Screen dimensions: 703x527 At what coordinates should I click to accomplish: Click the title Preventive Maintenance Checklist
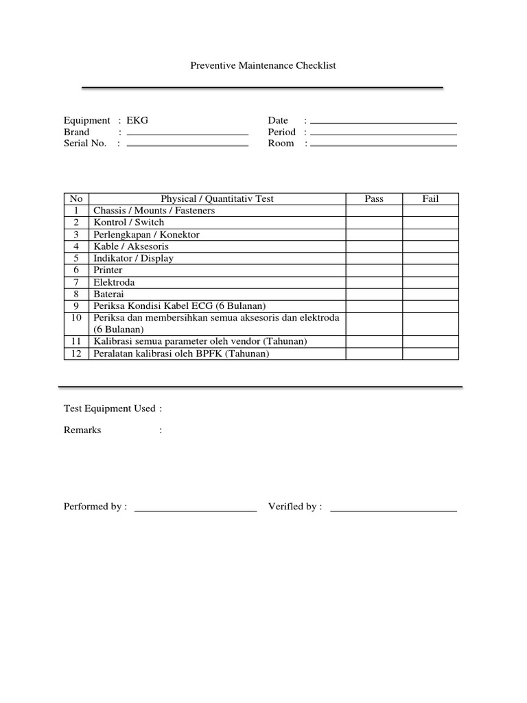263,66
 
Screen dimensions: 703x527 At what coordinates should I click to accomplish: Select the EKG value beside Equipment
137,120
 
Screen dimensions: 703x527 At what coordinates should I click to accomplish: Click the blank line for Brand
187,133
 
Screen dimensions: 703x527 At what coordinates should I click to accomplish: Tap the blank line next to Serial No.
187,145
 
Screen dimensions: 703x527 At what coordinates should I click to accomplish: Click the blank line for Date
383,122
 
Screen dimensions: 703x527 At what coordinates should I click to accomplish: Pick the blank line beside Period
383,134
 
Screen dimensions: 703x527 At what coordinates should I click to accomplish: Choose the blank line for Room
383,145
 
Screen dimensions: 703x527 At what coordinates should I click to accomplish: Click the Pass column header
374,199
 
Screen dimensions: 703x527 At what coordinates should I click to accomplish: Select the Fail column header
430,199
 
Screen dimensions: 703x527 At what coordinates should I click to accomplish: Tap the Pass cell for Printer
374,270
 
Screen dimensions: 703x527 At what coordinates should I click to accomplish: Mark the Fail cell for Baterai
430,294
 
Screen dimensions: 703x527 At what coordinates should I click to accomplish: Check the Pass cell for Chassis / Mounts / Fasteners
374,211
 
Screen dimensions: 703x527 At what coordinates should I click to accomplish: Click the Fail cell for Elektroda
430,282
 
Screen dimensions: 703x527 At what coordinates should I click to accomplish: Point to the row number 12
76,354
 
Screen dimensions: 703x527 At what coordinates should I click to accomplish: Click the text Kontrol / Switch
129,222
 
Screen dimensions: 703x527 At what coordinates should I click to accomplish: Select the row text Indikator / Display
134,258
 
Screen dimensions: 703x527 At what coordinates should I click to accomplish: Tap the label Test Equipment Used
110,408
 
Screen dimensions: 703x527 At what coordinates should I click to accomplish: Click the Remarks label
82,430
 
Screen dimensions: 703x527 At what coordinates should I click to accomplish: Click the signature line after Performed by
196,510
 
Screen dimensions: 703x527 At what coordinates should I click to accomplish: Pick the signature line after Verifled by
393,510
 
